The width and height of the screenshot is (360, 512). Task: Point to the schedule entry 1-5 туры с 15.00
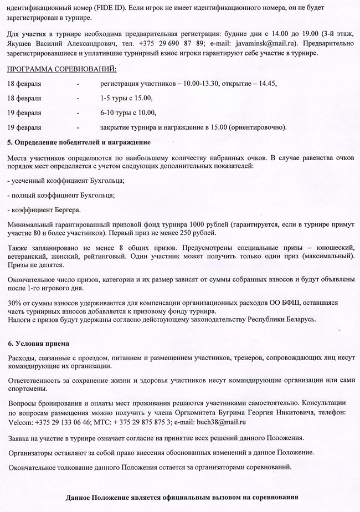(126, 99)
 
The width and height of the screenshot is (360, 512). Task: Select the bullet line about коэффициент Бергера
(44, 210)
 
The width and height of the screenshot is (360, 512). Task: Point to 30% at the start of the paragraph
(15, 303)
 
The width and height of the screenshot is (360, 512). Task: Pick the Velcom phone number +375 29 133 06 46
(63, 422)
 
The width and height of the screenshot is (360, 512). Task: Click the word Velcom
(20, 422)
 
